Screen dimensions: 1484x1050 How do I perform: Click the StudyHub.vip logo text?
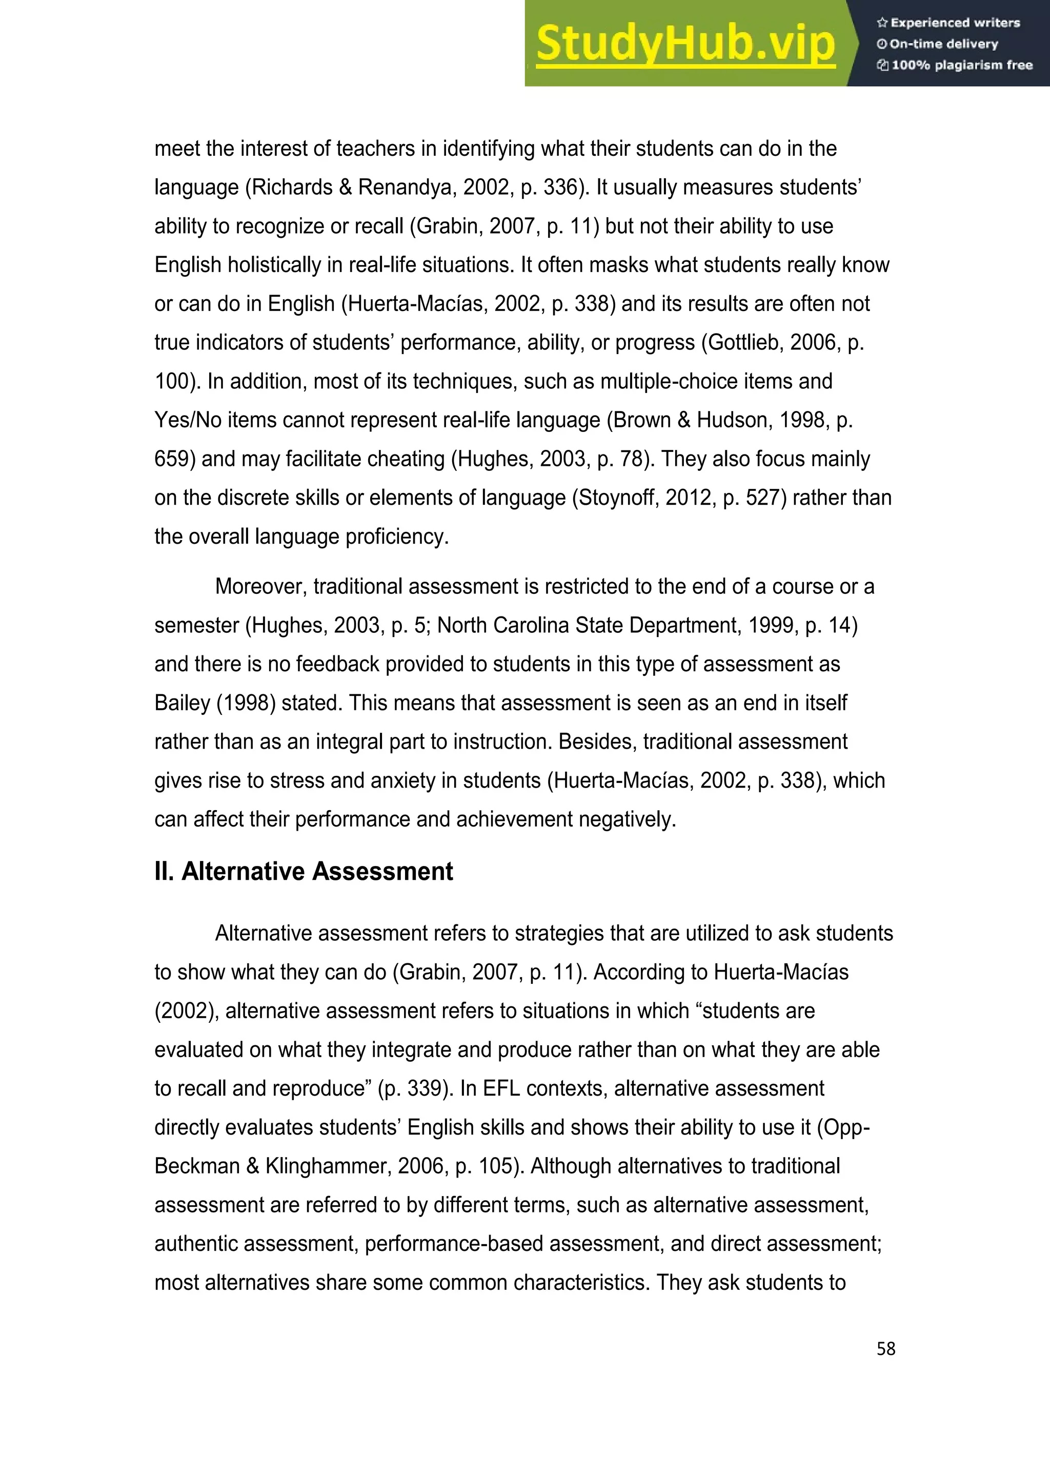[685, 44]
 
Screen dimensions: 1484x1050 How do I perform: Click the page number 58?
[886, 1349]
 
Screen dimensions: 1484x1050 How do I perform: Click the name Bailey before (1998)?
[183, 703]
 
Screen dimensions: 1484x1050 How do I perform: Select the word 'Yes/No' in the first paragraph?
[184, 420]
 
